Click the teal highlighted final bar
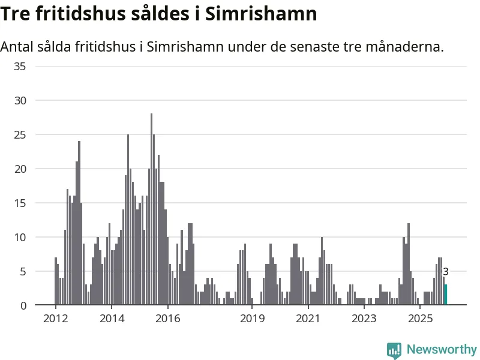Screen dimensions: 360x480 (x=445, y=295)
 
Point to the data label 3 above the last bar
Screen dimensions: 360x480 (x=446, y=272)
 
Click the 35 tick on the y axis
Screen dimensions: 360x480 (x=20, y=66)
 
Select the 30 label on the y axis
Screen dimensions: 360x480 (x=20, y=100)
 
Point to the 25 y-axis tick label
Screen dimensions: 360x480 (x=20, y=134)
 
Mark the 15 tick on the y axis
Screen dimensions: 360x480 (x=20, y=203)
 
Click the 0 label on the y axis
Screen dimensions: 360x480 (x=23, y=305)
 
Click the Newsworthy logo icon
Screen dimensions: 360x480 (x=394, y=350)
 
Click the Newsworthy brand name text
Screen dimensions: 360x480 (x=442, y=350)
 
